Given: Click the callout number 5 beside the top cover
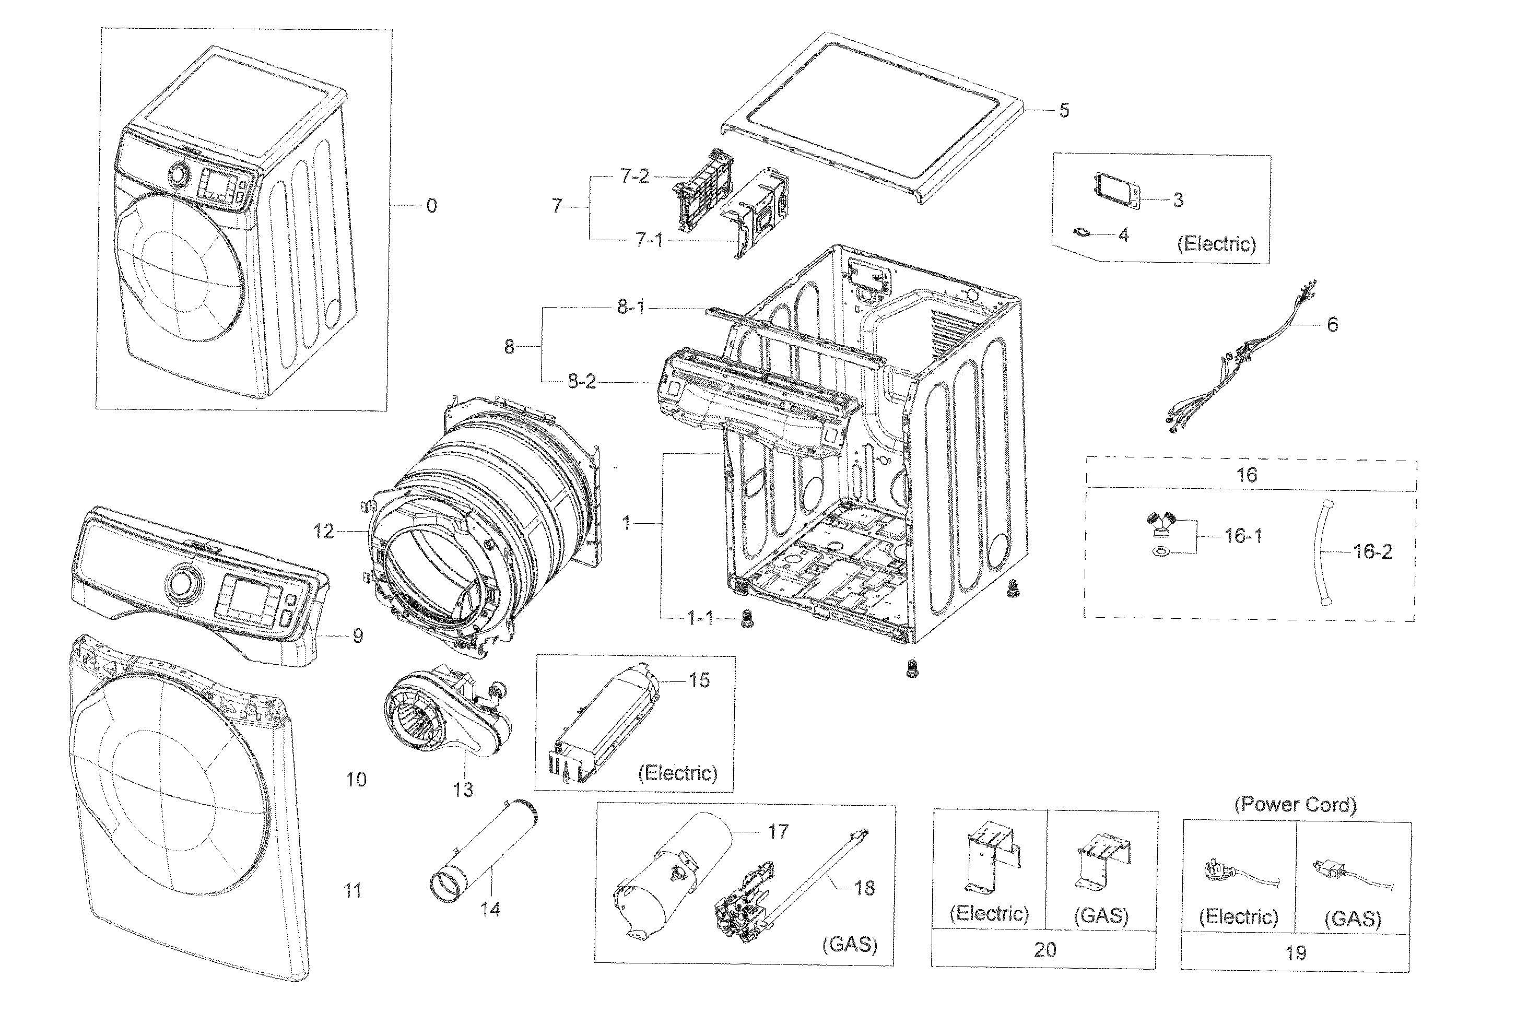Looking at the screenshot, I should (x=1064, y=110).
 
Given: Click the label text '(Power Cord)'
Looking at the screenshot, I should (x=1295, y=805).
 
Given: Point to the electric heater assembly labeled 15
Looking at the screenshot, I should (x=605, y=723).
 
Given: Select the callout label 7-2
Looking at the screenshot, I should (x=634, y=176).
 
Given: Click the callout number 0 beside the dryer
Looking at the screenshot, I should (x=431, y=206).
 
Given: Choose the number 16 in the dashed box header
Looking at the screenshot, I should (x=1247, y=475).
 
